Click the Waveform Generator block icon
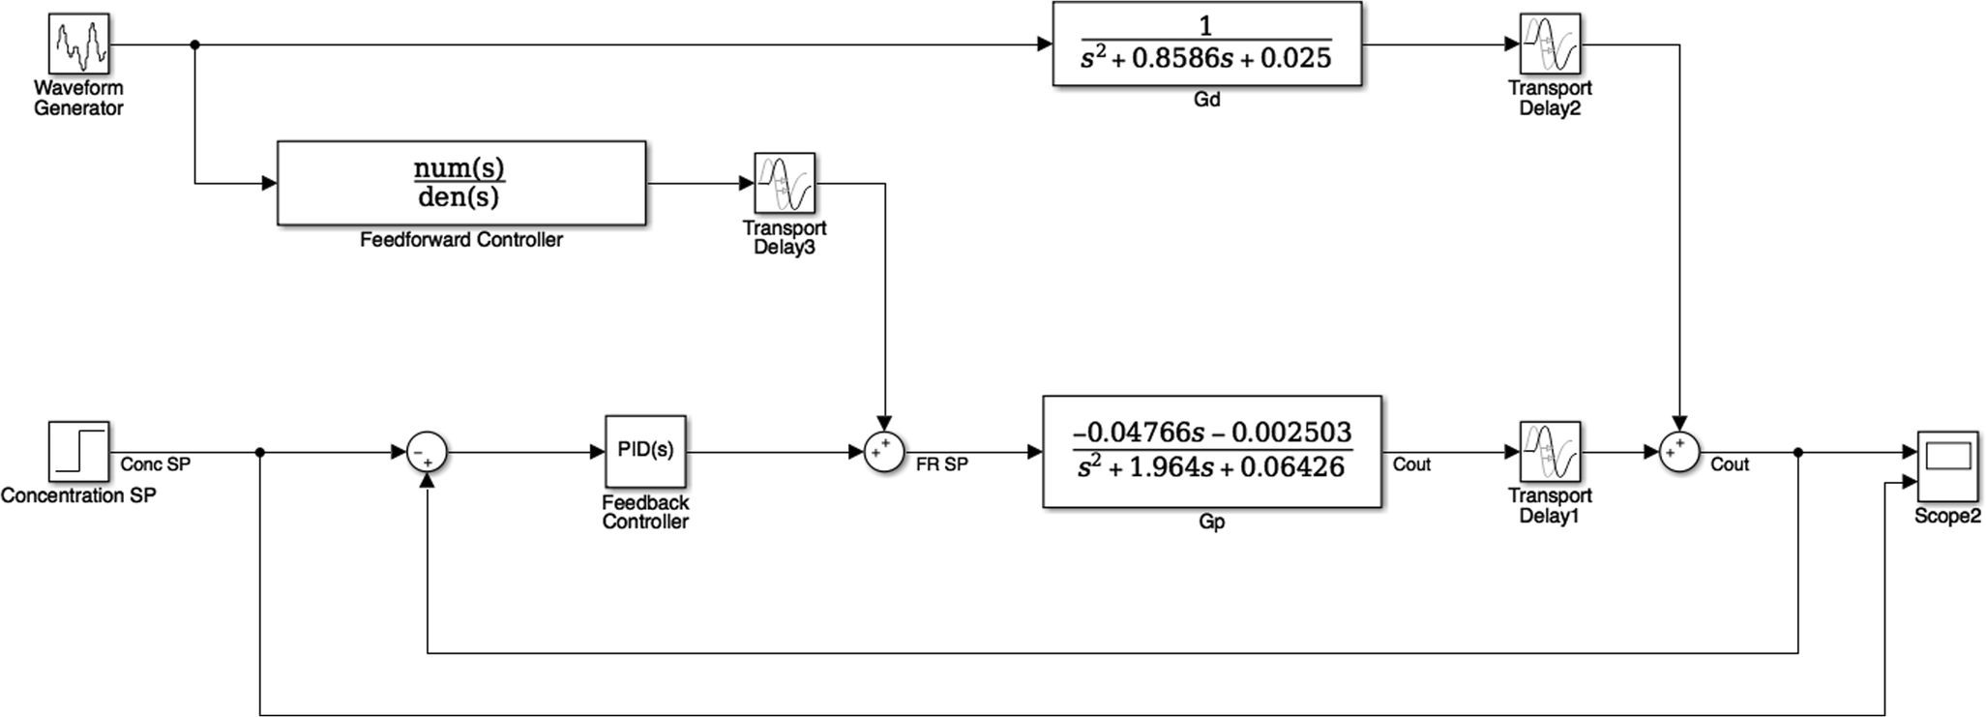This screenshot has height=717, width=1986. (79, 45)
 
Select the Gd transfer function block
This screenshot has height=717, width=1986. (1206, 45)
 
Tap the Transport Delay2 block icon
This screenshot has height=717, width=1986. (1550, 45)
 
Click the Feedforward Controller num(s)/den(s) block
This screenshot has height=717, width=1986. (460, 183)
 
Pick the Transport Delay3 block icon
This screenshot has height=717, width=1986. (785, 183)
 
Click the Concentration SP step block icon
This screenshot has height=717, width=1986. (79, 452)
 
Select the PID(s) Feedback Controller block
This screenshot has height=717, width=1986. (645, 452)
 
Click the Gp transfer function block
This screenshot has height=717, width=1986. (1211, 452)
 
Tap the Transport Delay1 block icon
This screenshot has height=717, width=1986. (1550, 452)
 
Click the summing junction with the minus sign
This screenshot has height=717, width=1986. (427, 452)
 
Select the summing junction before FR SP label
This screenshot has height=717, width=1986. (883, 452)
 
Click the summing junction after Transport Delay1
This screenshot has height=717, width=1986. (1679, 452)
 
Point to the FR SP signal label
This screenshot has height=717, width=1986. (941, 465)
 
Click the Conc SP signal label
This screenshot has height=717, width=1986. (155, 465)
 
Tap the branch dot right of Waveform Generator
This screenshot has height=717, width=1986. (194, 45)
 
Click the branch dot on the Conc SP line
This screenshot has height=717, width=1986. (259, 452)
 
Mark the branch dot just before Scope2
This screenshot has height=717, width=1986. (1797, 452)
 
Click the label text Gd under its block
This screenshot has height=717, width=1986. (1206, 100)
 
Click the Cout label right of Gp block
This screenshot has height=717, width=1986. (1411, 465)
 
